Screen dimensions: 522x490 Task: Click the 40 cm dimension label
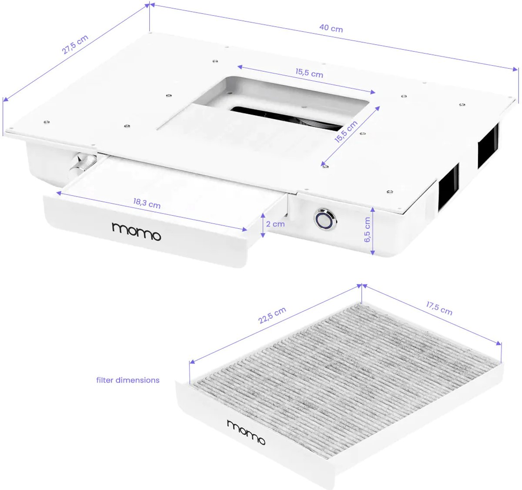331,28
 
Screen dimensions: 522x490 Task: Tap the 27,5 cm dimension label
75,44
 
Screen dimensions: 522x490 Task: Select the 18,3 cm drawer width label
147,203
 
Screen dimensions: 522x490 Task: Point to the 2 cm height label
275,224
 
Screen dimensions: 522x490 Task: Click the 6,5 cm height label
367,230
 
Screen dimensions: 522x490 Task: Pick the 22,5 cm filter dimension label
272,315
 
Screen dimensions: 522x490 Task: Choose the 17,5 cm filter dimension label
439,308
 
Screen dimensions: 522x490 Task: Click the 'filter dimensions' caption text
128,380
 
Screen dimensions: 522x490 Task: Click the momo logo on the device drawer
137,231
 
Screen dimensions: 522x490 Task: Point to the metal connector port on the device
83,165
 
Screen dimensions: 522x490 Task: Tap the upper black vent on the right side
488,146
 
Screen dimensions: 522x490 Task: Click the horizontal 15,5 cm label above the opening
309,73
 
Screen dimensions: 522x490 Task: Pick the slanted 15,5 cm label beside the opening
346,131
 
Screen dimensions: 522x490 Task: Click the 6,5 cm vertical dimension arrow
372,231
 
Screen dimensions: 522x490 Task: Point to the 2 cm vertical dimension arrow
262,225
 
